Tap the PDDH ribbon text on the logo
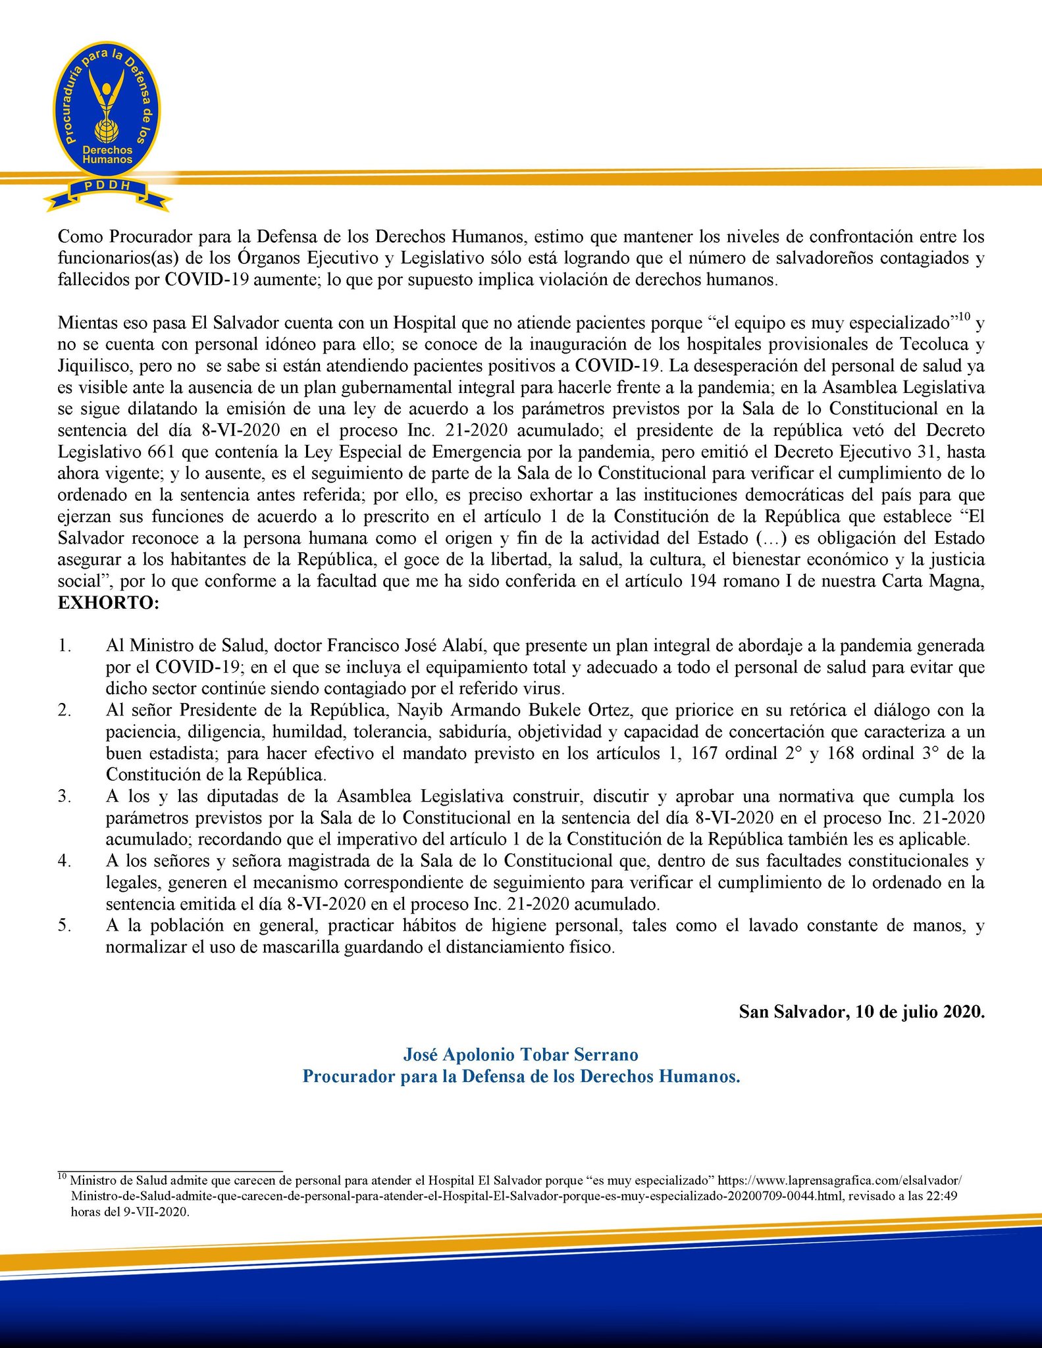[x=107, y=186]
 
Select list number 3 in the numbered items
[x=64, y=796]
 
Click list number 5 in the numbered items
[x=64, y=925]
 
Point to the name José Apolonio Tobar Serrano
[x=520, y=1054]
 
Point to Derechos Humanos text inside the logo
[x=107, y=155]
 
